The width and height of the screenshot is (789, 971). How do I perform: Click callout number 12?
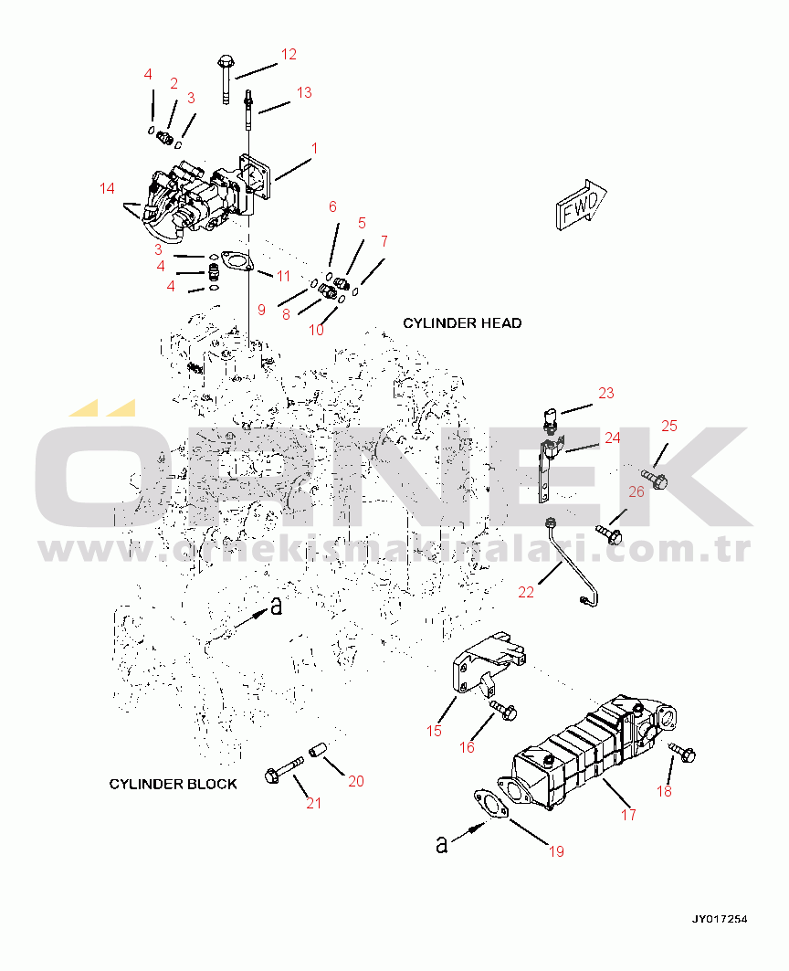289,55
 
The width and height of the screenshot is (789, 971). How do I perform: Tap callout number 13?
304,92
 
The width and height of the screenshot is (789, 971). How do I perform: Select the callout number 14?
108,189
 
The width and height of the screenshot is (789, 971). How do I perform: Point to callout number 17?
628,815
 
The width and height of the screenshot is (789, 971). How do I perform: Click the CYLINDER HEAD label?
462,323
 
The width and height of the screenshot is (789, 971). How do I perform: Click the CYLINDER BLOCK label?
173,784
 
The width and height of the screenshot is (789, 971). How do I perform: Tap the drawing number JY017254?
719,918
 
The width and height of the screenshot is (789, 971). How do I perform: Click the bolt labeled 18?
684,754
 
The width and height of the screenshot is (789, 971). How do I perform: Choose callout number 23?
606,394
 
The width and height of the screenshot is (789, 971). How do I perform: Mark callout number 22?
526,592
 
